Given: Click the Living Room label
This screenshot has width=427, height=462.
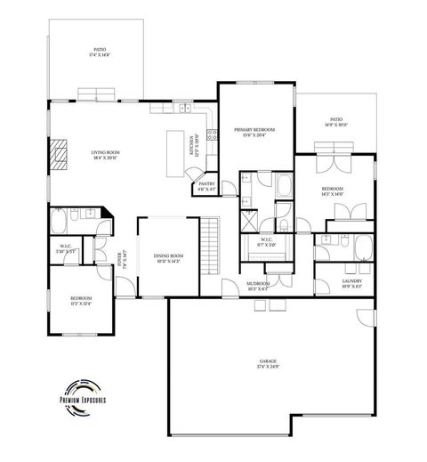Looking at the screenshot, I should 106,154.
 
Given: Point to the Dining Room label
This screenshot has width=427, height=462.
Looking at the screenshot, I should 168,257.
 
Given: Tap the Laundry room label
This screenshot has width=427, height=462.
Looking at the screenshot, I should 352,284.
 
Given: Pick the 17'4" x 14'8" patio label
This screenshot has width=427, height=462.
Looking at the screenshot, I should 100,53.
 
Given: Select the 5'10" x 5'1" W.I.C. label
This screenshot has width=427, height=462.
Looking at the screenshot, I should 67,249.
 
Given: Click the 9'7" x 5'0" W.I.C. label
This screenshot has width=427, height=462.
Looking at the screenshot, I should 267,242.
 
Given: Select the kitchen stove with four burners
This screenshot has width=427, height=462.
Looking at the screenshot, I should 213,136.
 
